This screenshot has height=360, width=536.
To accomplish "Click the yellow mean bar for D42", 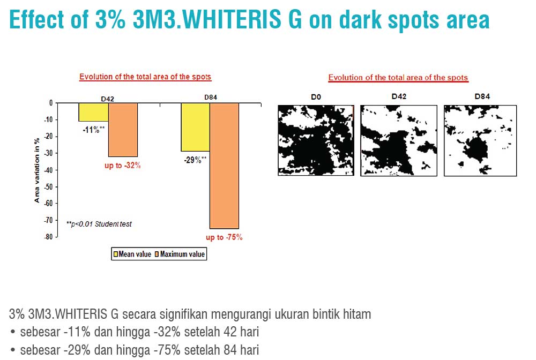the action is (x=94, y=112).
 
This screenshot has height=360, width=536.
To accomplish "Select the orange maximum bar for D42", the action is (x=123, y=130).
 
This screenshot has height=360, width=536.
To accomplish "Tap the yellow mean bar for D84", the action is (x=196, y=127).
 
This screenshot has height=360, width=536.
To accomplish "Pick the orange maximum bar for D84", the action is (x=224, y=166).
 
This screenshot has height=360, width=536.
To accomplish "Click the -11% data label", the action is (x=93, y=130).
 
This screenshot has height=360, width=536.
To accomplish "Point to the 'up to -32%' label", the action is (x=123, y=166).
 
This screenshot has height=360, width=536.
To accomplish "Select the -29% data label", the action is (x=195, y=160).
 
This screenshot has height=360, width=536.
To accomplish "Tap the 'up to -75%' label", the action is (x=224, y=237).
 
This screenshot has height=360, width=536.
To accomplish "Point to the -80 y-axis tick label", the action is (x=49, y=237).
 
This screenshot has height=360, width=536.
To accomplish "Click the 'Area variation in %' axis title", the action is (x=37, y=170).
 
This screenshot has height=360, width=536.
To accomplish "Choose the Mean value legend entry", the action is (x=132, y=254).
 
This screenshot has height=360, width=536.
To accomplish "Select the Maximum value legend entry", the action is (x=180, y=254).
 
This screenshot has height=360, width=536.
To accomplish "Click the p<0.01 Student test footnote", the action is (x=99, y=224).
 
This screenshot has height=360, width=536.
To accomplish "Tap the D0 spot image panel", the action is (x=316, y=140).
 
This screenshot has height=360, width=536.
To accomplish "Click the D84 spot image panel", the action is (x=480, y=141).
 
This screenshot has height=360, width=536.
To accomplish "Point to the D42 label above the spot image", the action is (x=399, y=96).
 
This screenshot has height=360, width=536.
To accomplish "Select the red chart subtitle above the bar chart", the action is (x=145, y=77).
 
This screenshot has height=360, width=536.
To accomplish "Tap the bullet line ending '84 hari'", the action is (x=135, y=350).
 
